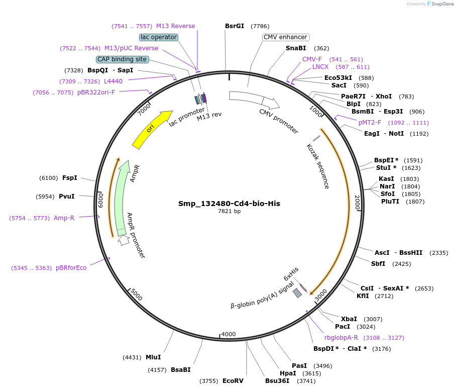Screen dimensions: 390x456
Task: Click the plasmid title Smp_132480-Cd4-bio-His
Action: click(x=229, y=204)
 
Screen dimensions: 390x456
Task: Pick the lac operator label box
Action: click(x=159, y=37)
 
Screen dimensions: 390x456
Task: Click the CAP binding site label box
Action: click(x=123, y=59)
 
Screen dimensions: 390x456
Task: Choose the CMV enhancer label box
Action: click(x=285, y=37)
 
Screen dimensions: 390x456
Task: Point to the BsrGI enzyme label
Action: click(x=235, y=26)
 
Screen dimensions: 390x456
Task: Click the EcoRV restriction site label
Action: click(x=233, y=381)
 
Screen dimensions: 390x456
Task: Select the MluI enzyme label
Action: click(x=153, y=357)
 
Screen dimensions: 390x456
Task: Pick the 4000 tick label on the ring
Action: click(x=229, y=334)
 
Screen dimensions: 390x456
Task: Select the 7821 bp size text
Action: click(x=229, y=212)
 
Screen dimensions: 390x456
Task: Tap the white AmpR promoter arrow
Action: click(x=124, y=240)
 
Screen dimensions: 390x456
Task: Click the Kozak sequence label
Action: click(x=318, y=166)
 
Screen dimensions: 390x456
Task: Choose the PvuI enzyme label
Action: click(x=66, y=197)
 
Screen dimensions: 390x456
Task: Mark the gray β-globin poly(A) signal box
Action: click(x=297, y=292)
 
